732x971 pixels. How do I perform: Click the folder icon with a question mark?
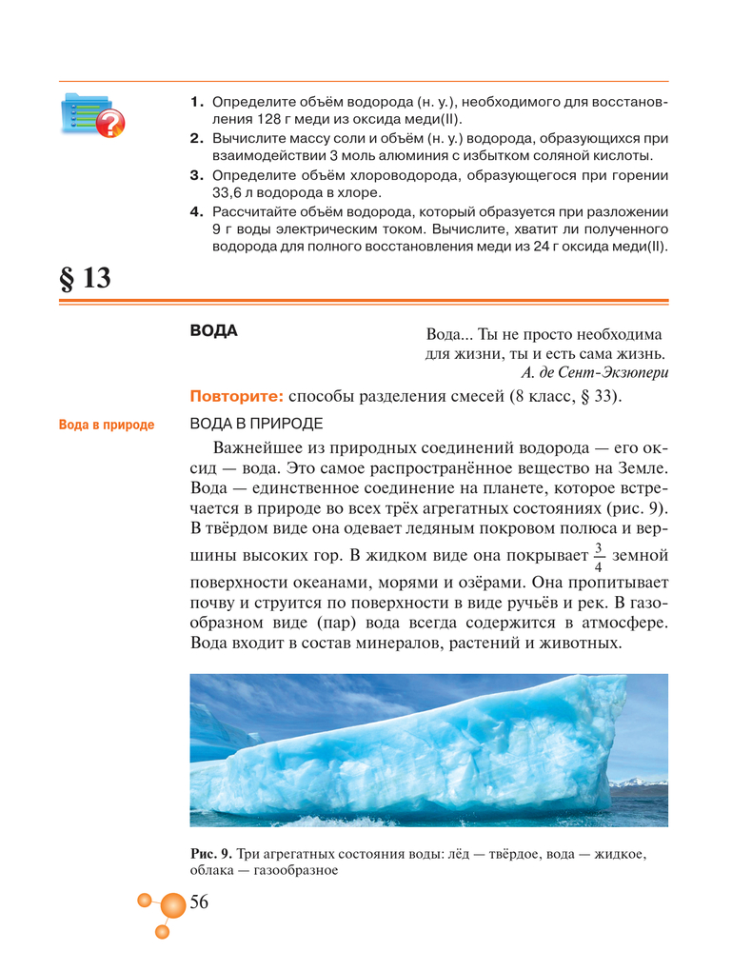pyautogui.click(x=91, y=116)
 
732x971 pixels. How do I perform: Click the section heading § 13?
pyautogui.click(x=85, y=278)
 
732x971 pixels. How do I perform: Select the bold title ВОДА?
pyautogui.click(x=213, y=330)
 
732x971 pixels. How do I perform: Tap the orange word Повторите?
pyautogui.click(x=237, y=397)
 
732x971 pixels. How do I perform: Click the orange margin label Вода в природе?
pyautogui.click(x=106, y=425)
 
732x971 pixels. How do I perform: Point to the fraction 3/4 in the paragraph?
pyautogui.click(x=599, y=555)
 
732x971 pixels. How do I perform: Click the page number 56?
pyautogui.click(x=199, y=902)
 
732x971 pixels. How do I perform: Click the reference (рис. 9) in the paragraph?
pyautogui.click(x=639, y=509)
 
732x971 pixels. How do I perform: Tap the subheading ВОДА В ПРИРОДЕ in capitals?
pyautogui.click(x=256, y=424)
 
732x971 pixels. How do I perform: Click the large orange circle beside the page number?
pyautogui.click(x=172, y=905)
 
